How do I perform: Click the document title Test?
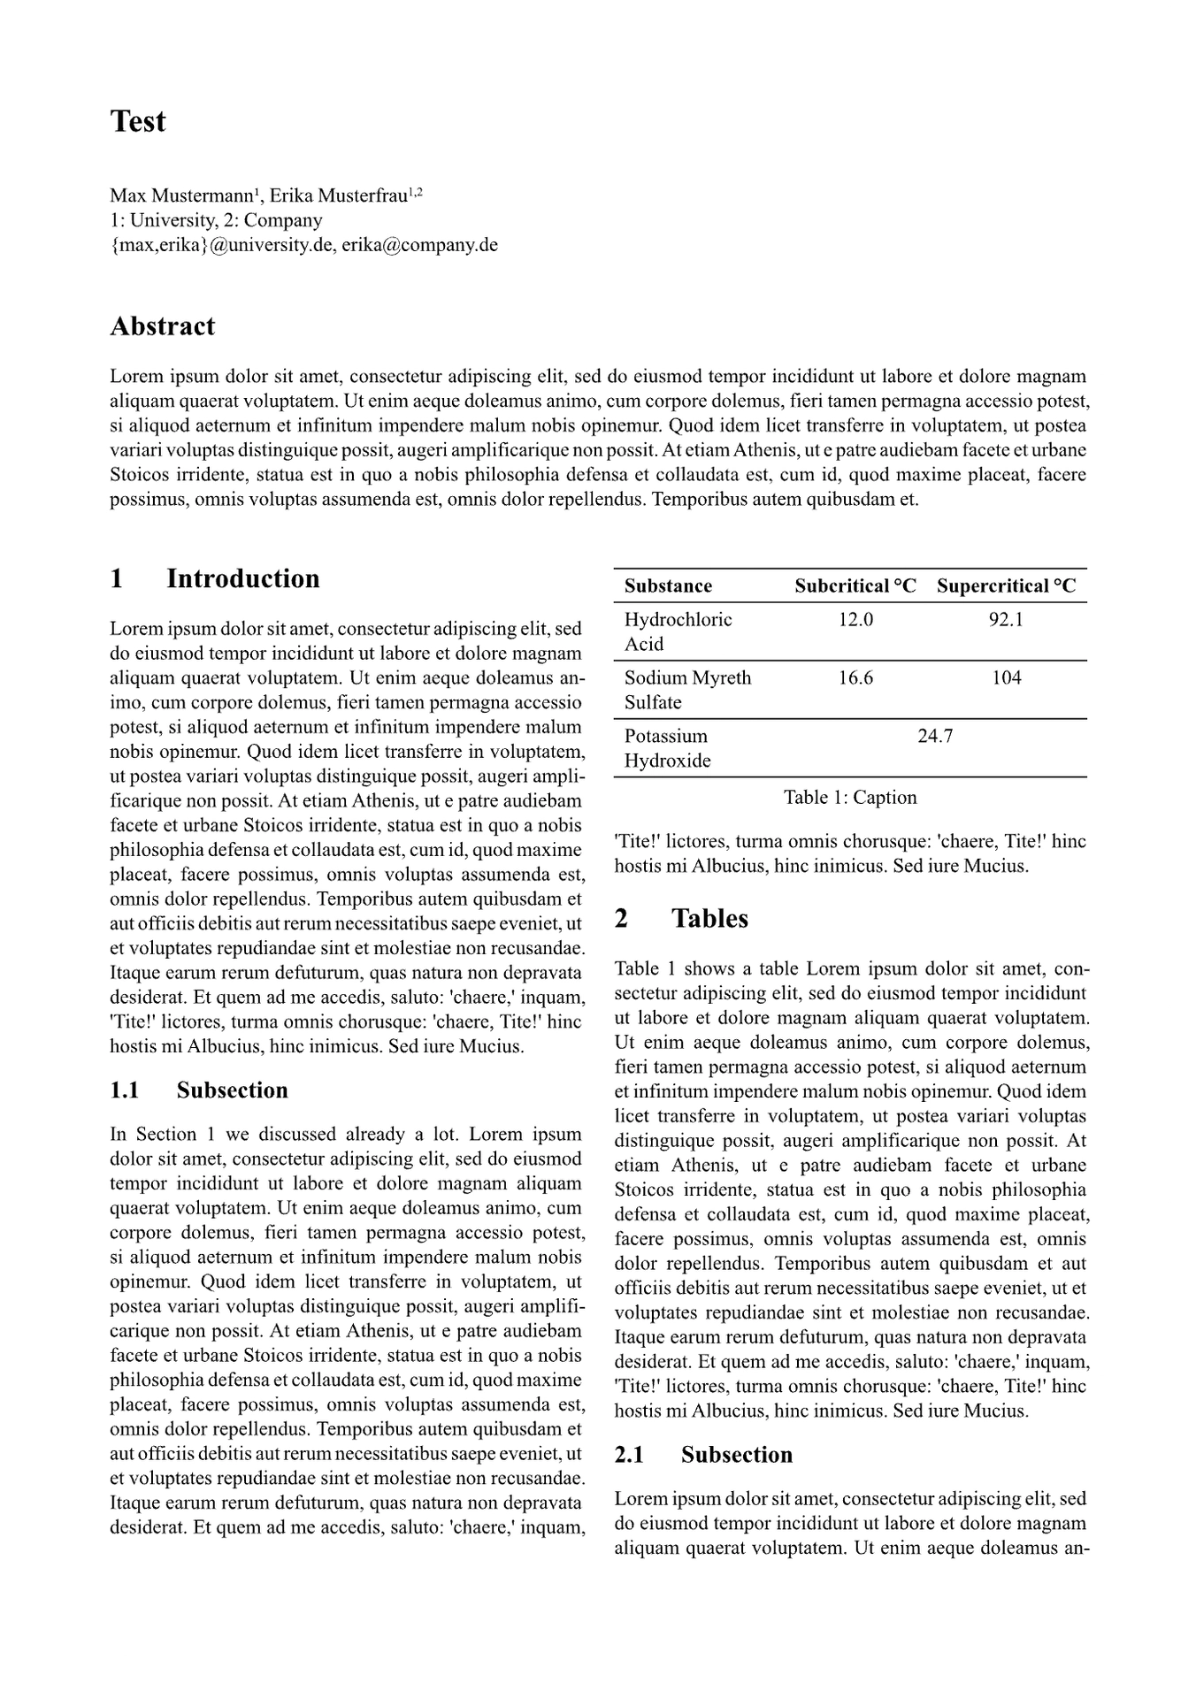coord(137,121)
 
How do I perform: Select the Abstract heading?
coord(162,326)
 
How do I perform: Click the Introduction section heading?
coord(242,578)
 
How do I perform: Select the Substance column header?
coord(668,586)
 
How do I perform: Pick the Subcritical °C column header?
coord(855,586)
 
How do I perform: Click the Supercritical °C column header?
coord(1006,586)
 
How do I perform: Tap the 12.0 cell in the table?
coord(855,619)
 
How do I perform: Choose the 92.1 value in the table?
coord(1006,619)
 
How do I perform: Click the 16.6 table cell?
coord(855,677)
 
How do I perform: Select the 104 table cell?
coord(1007,677)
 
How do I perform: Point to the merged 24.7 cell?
coord(935,736)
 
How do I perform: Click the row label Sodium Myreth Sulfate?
coord(687,690)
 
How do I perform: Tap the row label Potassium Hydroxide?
coord(667,748)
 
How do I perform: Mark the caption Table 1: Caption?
coord(850,798)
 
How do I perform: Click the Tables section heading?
coord(709,918)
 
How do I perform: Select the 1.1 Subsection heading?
coord(232,1090)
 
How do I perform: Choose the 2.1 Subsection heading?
coord(736,1455)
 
